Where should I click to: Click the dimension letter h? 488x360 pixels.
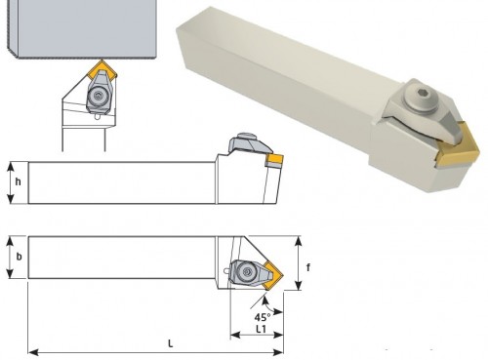tap(19, 181)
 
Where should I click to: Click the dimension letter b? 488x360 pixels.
tap(20, 257)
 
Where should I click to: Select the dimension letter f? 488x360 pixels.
tap(308, 267)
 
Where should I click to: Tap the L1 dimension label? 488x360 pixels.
tap(261, 329)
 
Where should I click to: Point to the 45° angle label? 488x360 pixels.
tap(263, 317)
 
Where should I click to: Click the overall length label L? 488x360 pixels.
tap(170, 343)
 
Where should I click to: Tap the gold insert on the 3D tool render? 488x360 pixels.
tap(457, 149)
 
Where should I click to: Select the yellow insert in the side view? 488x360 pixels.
tap(275, 160)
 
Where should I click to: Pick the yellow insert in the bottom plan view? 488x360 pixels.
tap(273, 275)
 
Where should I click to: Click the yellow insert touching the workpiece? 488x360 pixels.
tap(102, 70)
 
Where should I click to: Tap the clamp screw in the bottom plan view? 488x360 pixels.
tap(246, 271)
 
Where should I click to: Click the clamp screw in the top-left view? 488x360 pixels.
tap(98, 96)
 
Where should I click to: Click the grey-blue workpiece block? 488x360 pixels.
tap(81, 28)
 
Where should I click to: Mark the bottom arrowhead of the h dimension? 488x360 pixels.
tap(11, 198)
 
